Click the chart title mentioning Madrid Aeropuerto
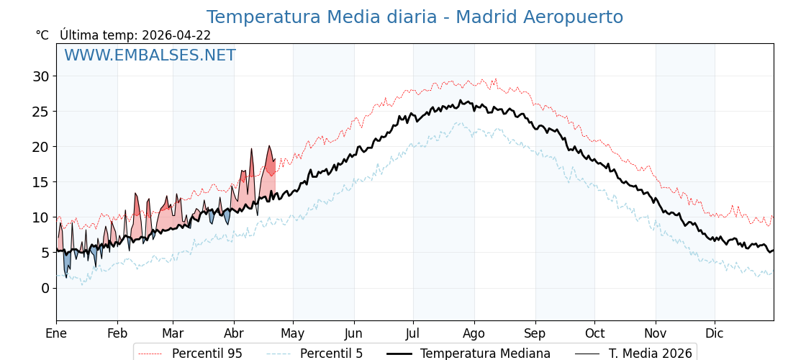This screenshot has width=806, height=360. [415, 17]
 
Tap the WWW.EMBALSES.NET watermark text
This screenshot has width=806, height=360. [150, 55]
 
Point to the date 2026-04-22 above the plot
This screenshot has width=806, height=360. [176, 35]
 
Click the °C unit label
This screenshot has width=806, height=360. [42, 35]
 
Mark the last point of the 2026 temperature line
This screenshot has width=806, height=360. [275, 159]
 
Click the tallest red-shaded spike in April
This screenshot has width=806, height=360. [269, 147]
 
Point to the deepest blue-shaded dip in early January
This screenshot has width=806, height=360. [66, 276]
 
